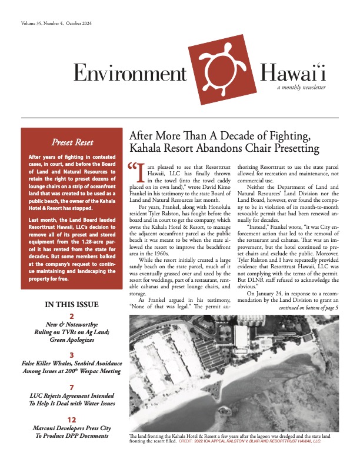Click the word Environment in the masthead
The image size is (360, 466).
point(129,73)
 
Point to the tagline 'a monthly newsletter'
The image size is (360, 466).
point(302,87)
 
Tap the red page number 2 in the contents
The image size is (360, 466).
point(71,316)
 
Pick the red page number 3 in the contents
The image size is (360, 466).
point(71,355)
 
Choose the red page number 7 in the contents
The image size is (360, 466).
point(71,388)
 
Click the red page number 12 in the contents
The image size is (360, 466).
point(71,420)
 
